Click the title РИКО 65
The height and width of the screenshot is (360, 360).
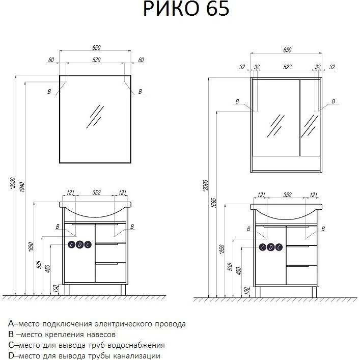186,9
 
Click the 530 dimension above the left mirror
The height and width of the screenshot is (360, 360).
96,60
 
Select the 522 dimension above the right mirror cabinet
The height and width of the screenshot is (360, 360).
287,67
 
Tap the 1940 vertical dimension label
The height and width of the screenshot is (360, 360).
22,187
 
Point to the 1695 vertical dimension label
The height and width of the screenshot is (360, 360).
213,203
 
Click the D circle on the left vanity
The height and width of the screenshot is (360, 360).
79,245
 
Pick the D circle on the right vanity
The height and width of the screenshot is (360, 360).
271,247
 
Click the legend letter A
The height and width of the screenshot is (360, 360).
11,324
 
